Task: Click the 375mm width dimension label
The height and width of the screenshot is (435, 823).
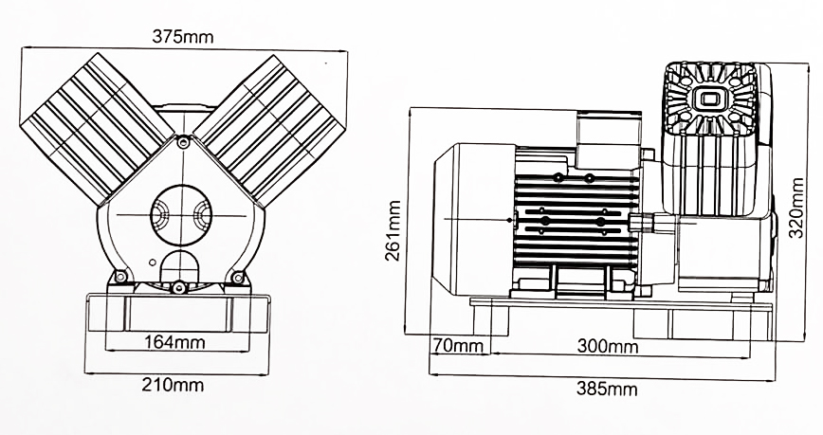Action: (183, 37)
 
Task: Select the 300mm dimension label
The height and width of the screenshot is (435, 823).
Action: (608, 346)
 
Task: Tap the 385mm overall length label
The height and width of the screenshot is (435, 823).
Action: (608, 389)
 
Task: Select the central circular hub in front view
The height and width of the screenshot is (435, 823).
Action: (178, 216)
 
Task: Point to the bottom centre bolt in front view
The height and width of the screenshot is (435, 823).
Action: (177, 286)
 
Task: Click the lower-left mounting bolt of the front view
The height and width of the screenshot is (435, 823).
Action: (119, 277)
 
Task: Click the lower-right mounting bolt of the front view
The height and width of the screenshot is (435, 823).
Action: (238, 277)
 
